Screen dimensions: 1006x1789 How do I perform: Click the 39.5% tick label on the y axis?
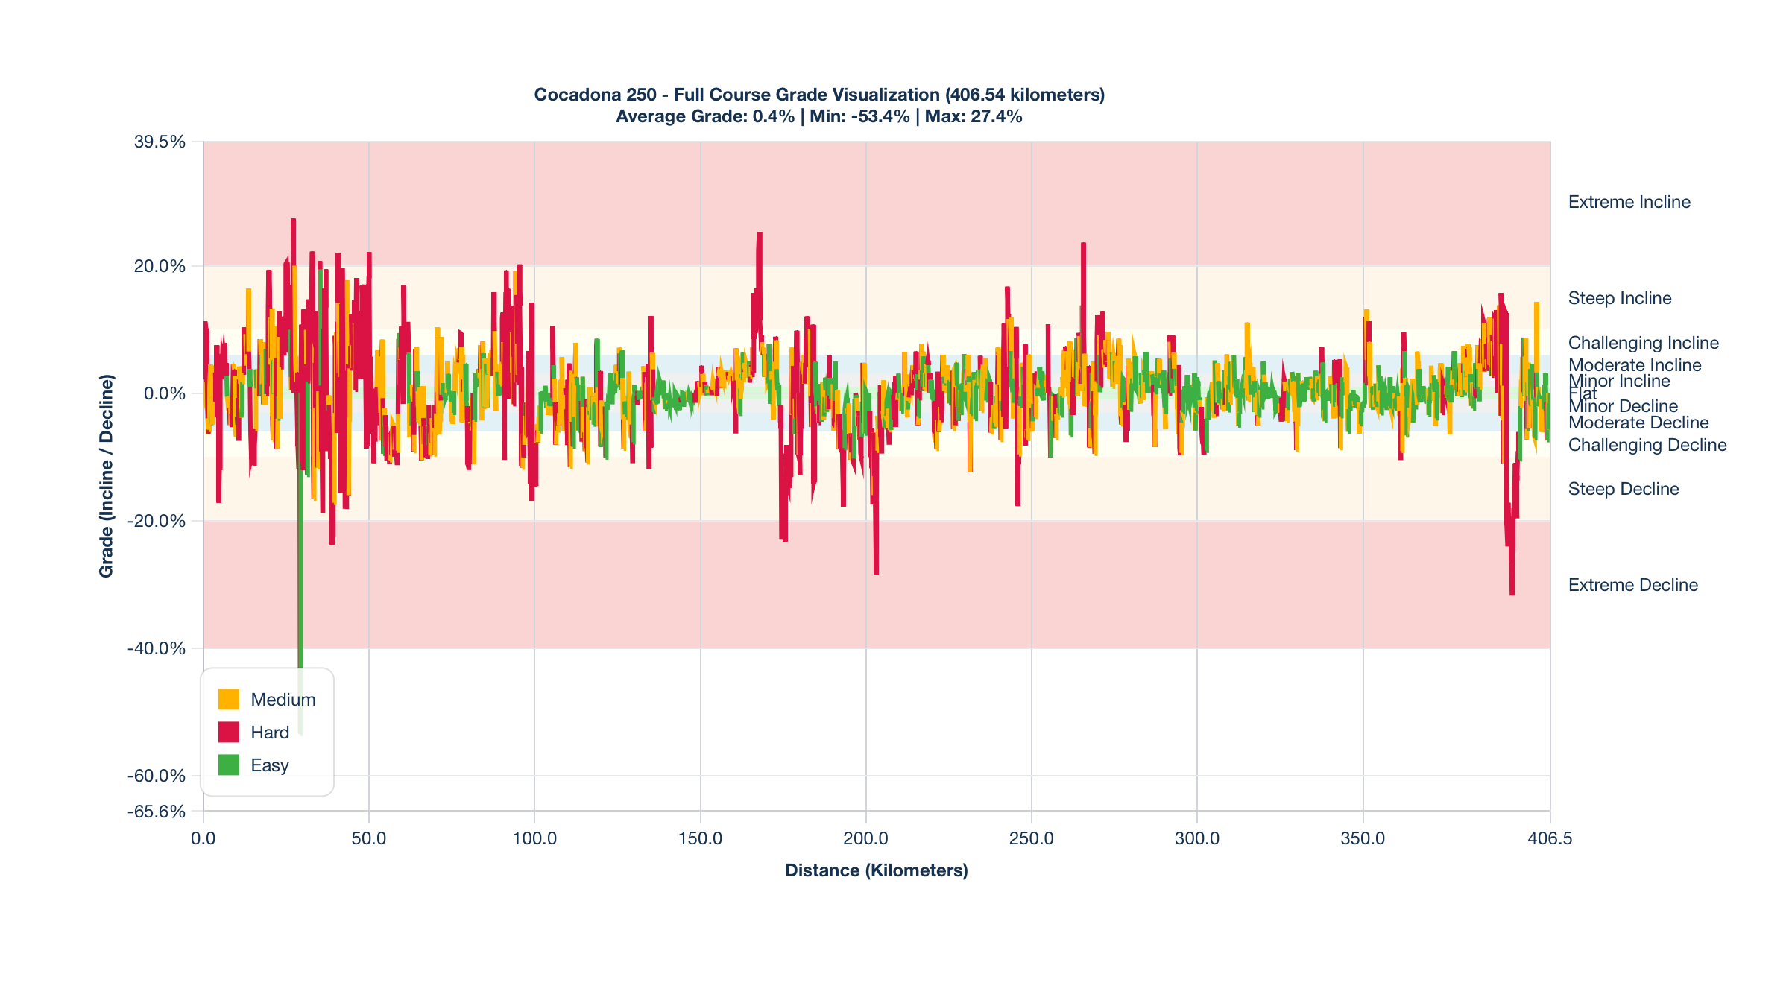click(160, 142)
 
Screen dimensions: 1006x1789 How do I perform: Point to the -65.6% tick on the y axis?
click(157, 811)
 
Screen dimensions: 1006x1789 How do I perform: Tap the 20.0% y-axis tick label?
click(160, 266)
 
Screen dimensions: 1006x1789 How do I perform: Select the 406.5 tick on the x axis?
click(1550, 838)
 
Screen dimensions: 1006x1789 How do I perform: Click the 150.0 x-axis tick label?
click(700, 838)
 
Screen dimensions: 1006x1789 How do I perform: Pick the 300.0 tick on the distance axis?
click(1197, 838)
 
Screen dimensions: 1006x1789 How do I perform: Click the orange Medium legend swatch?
click(229, 699)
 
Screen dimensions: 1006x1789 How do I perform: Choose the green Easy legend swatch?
click(229, 765)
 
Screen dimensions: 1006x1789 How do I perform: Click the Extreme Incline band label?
click(1629, 202)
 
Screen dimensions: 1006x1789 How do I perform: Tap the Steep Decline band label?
click(1623, 489)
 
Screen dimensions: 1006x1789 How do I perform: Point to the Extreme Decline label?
click(1632, 585)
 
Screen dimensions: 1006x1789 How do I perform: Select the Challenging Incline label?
click(1643, 343)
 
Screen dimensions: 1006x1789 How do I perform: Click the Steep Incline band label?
click(1619, 298)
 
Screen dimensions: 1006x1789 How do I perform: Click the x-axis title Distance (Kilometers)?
click(876, 870)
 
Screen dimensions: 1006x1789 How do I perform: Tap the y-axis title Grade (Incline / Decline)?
click(107, 475)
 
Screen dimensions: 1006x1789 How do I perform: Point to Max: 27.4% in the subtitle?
click(974, 116)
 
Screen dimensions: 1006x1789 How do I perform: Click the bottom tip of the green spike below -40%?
click(300, 733)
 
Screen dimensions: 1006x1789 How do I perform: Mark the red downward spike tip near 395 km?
click(1512, 594)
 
